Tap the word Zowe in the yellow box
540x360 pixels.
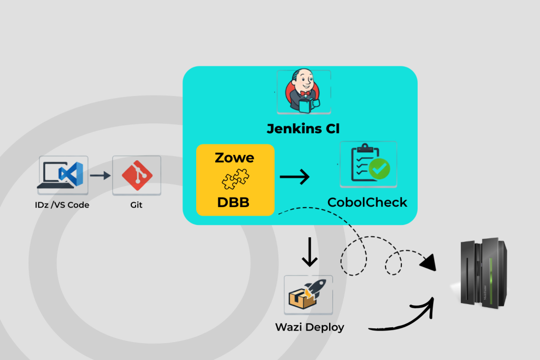click(x=235, y=158)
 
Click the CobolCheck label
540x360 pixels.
click(x=367, y=202)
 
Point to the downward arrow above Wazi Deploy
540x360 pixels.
click(x=309, y=252)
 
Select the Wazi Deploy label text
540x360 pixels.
click(x=310, y=327)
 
